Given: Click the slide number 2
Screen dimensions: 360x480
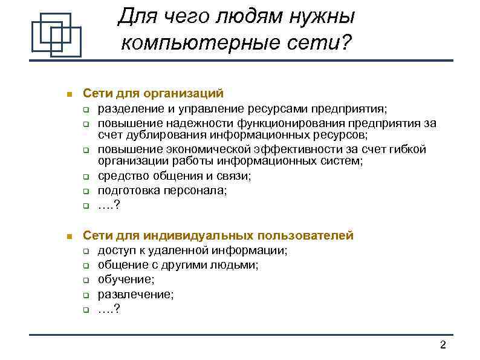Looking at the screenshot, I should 443,345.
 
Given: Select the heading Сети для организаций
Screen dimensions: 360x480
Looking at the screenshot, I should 154,94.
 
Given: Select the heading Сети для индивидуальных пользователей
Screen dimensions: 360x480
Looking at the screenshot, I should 218,236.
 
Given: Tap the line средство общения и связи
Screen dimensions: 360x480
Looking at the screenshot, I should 175,176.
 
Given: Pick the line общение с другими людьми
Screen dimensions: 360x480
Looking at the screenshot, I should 178,265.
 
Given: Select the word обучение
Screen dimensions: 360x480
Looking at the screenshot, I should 125,280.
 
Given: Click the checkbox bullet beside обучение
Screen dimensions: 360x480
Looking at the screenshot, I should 86,281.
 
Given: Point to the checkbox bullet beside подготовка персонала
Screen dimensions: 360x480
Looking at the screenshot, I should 86,191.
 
